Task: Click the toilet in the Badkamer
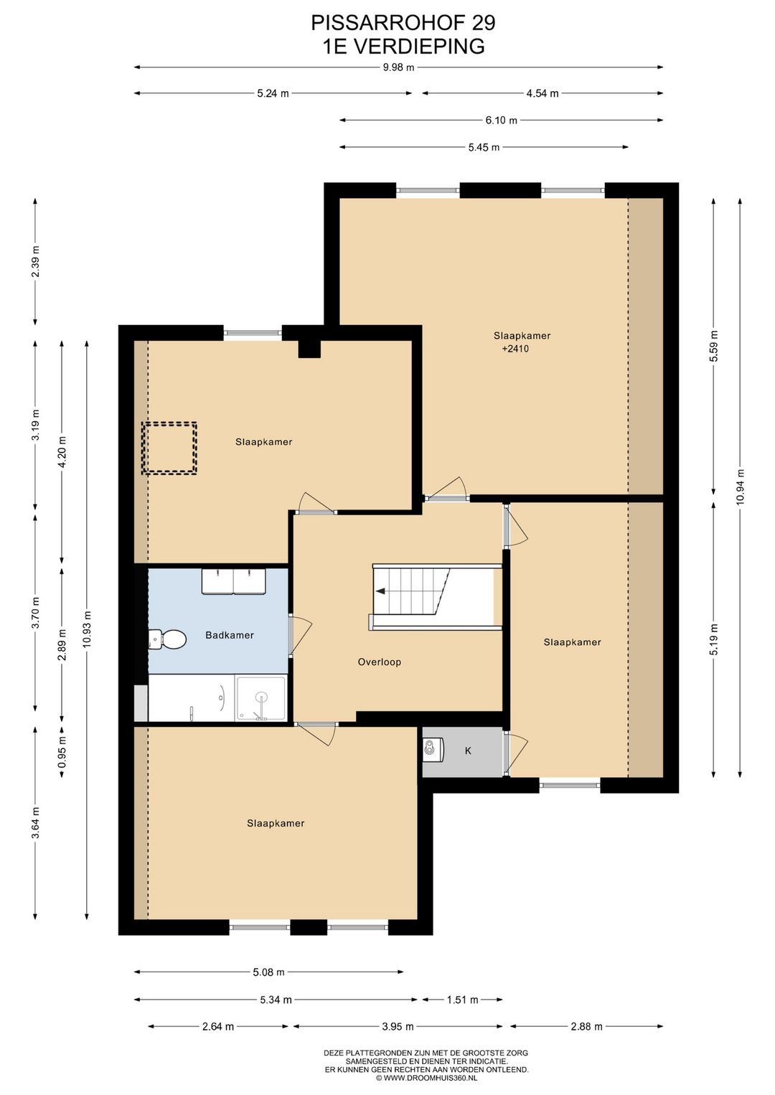pos(167,639)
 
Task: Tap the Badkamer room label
pos(230,635)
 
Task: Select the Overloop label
pos(380,662)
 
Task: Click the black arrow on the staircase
pos(380,591)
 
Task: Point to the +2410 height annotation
pos(515,349)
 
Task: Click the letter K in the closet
pos(468,751)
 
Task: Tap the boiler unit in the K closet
pos(433,749)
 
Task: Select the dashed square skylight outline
pos(169,448)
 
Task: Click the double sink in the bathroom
pos(234,581)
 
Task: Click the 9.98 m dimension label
pos(398,67)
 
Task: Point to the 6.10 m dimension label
pos(501,121)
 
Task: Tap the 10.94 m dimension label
pos(741,487)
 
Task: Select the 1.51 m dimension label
pos(463,1000)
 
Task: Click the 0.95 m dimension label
pos(62,749)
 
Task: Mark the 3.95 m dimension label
pos(398,1027)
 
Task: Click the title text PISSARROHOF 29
pos(403,23)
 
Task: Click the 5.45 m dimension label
pos(484,147)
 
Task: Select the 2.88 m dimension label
pos(587,1027)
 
